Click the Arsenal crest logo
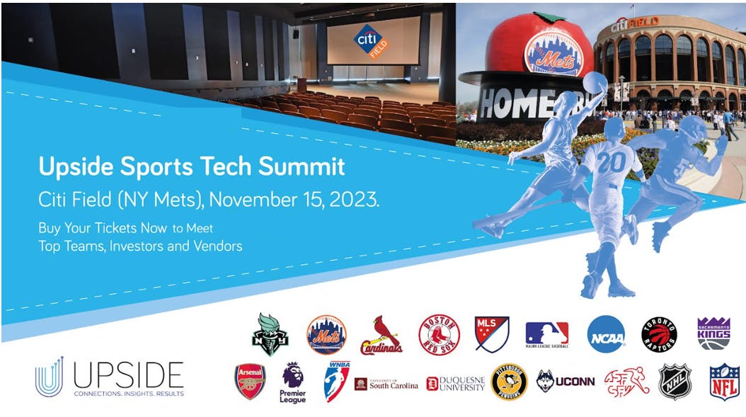click(x=250, y=382)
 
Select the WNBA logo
click(x=336, y=382)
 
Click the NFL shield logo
click(x=725, y=382)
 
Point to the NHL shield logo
click(x=673, y=382)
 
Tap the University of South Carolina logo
click(x=386, y=384)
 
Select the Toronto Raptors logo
click(x=659, y=335)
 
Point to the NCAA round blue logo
click(x=607, y=334)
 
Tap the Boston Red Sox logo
click(x=439, y=334)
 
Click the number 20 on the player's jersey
click(x=611, y=163)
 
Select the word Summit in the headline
click(x=302, y=167)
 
